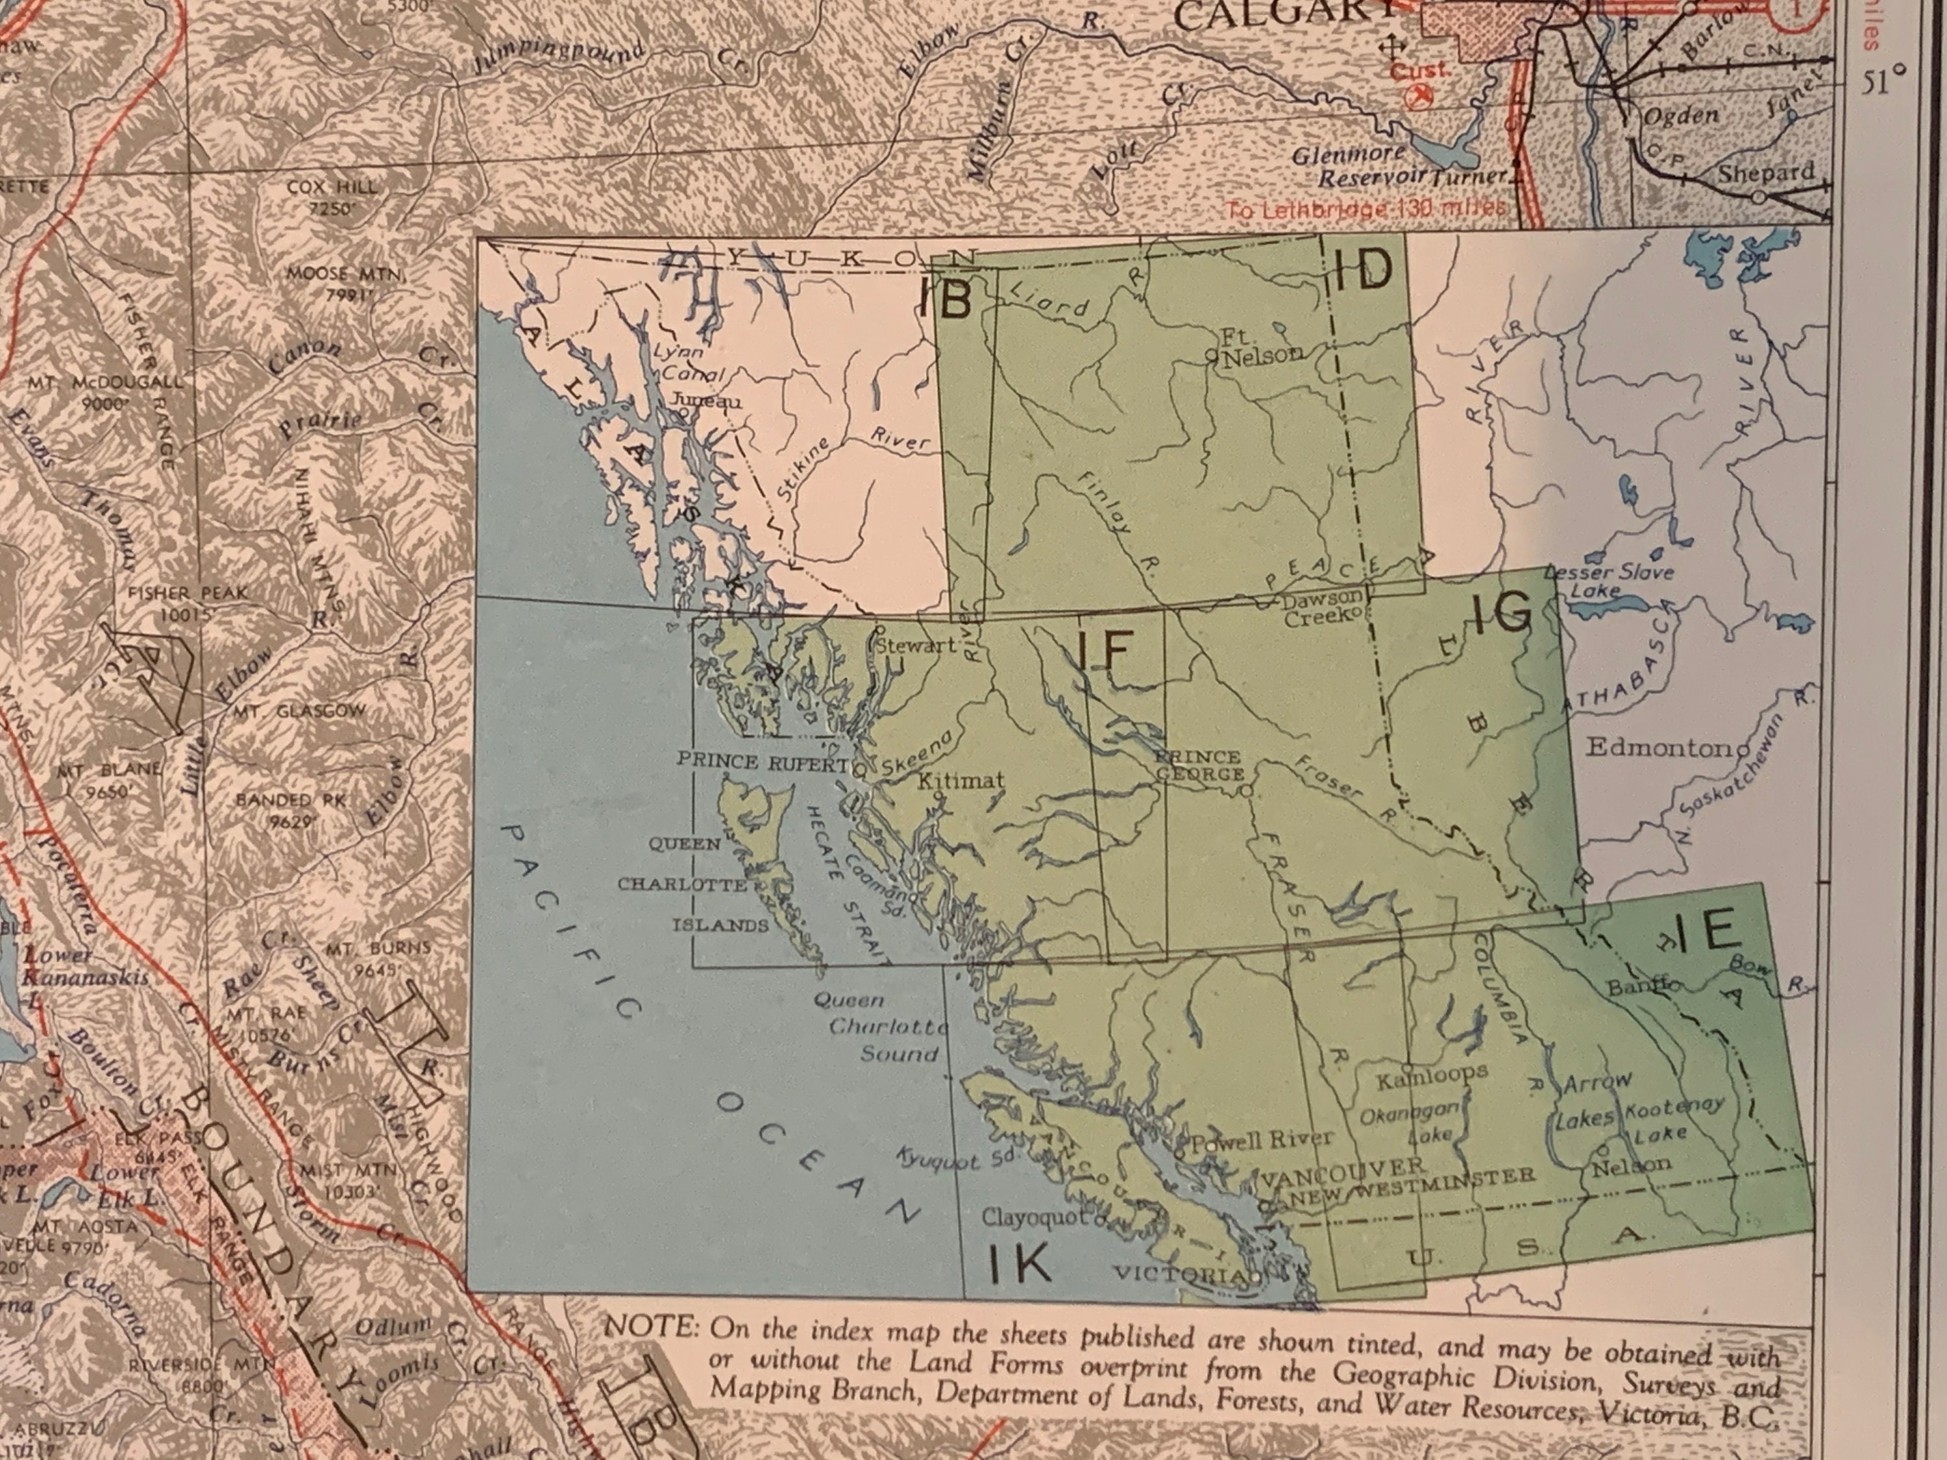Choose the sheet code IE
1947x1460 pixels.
point(1706,933)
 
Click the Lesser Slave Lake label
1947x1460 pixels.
point(1608,581)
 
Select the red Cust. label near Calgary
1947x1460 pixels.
point(1420,70)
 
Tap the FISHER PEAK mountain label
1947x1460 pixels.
point(188,593)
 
